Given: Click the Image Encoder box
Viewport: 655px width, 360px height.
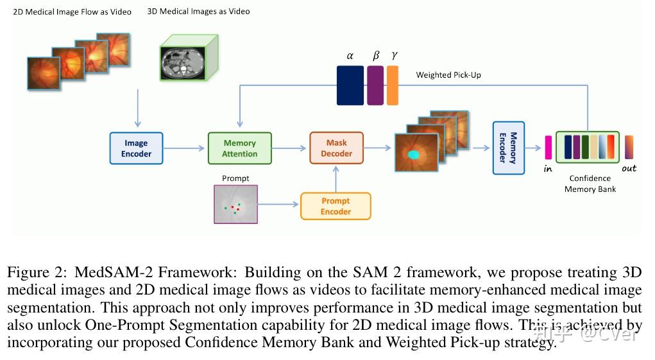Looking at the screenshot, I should pos(136,148).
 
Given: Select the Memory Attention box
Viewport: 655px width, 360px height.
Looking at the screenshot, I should pos(239,148).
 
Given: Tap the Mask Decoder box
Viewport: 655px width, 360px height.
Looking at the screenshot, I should pos(336,148).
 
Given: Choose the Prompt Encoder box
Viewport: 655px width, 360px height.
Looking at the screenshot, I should pos(336,206).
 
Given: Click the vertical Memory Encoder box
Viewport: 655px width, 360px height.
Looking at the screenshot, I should pos(508,148).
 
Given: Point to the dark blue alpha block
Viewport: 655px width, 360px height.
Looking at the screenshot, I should pos(350,85).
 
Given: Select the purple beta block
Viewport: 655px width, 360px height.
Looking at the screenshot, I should pos(375,85).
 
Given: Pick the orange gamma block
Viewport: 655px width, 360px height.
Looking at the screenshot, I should pos(392,85).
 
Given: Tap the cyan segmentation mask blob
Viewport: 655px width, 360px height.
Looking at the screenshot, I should pos(414,155).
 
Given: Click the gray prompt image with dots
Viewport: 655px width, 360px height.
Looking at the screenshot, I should pos(235,204).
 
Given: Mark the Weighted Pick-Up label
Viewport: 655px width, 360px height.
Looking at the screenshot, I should pos(448,75).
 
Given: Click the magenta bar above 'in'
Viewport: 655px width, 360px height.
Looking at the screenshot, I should pos(549,148).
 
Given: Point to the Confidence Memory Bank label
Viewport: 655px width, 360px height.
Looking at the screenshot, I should pos(590,184).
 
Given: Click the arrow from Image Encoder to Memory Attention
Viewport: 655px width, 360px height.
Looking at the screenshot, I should pos(185,148).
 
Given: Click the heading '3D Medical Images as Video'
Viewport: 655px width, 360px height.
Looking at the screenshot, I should pos(198,11).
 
